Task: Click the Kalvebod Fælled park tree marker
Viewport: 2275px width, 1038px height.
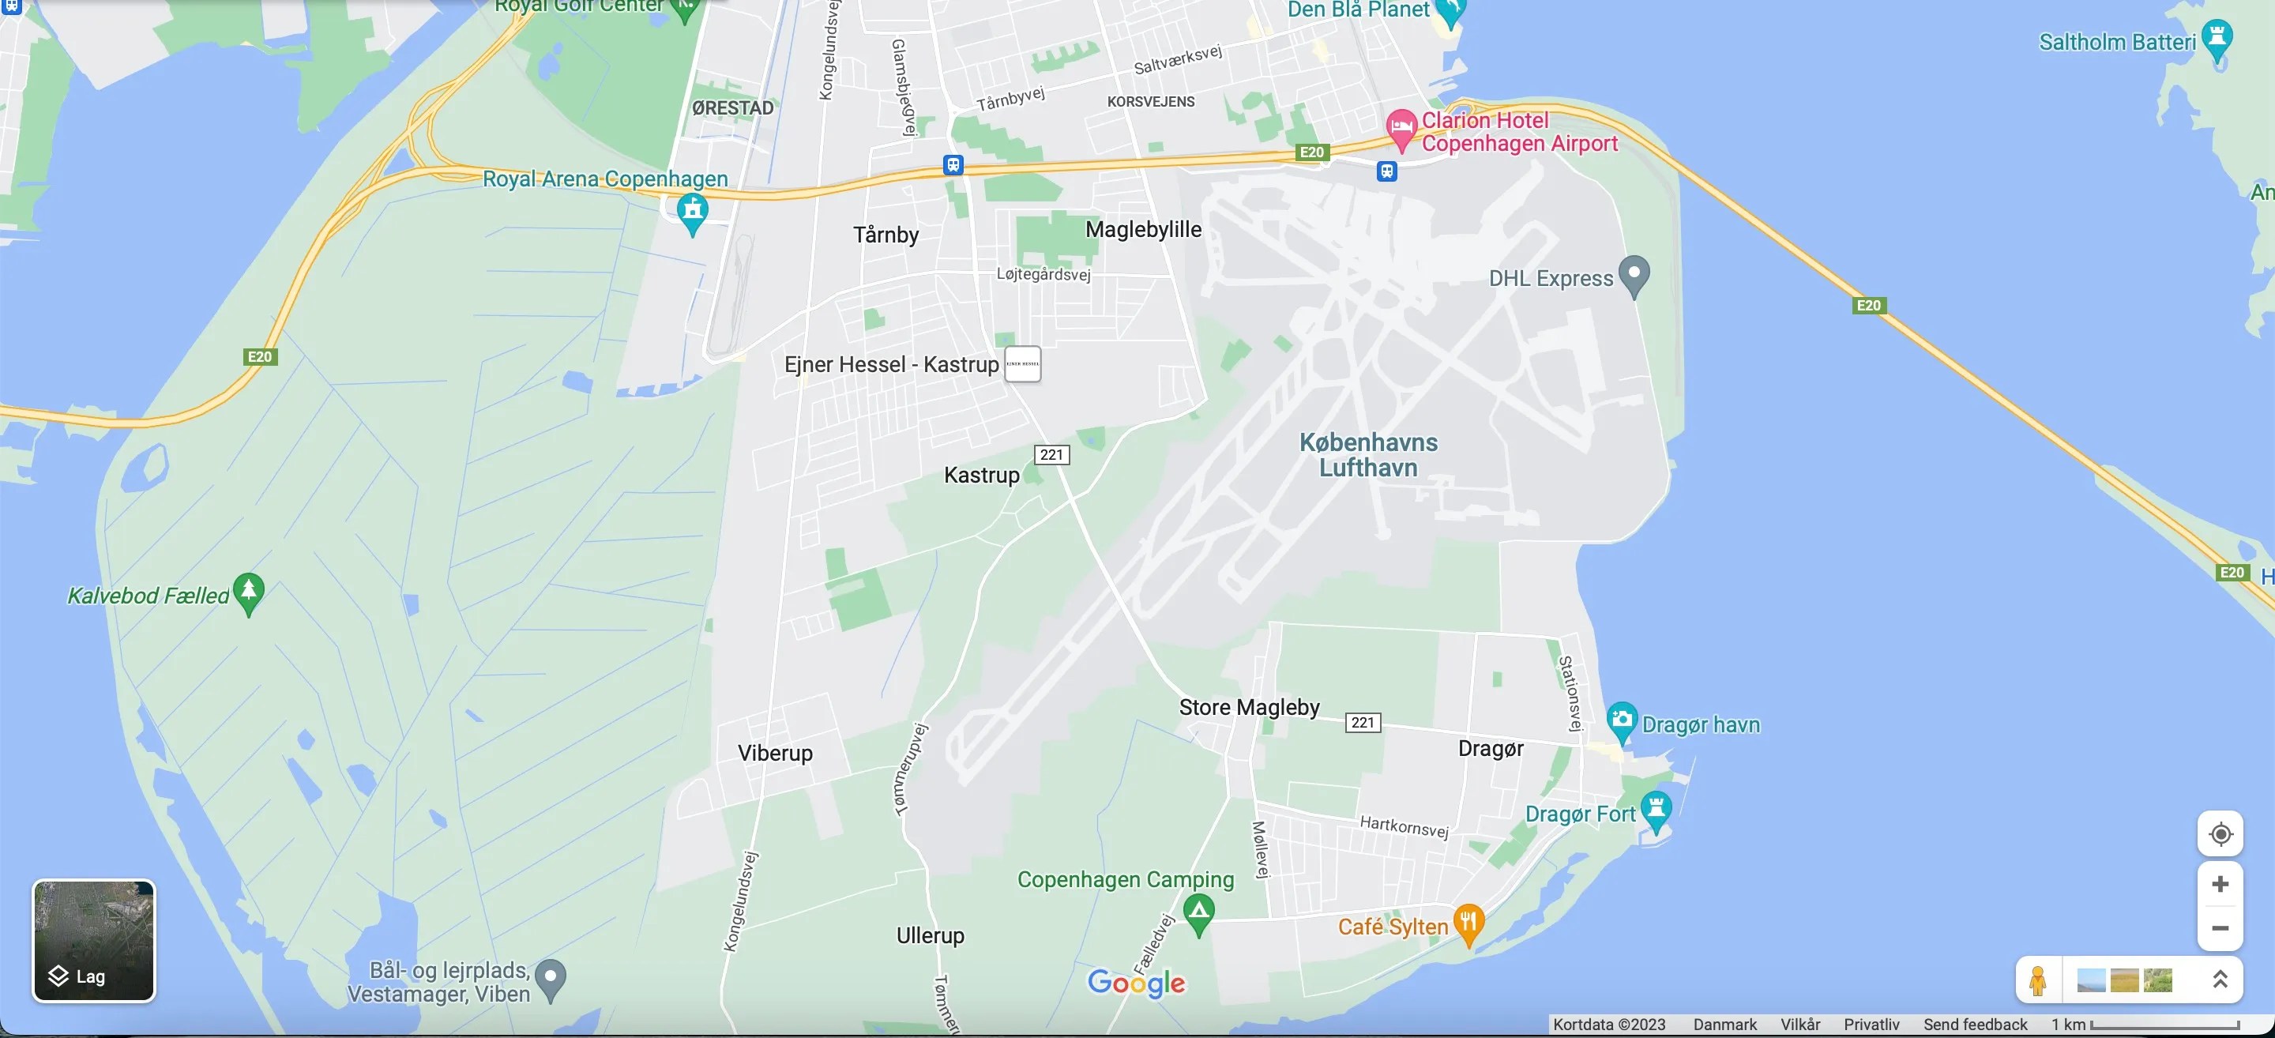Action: point(248,591)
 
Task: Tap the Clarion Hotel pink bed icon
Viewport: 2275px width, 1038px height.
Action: point(1401,128)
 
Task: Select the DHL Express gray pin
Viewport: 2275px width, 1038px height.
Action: point(1634,274)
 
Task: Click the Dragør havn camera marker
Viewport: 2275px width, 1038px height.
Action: point(1622,720)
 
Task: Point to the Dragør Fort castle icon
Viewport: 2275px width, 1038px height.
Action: point(1656,809)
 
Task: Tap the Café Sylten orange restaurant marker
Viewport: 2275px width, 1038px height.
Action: point(1468,923)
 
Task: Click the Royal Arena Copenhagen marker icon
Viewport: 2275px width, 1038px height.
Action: point(693,212)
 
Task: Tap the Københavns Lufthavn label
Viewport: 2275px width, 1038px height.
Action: point(1368,455)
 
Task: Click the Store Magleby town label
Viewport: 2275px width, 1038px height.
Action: point(1249,707)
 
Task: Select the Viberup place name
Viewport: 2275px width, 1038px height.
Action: point(774,753)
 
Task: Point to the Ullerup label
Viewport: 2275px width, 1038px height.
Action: point(930,935)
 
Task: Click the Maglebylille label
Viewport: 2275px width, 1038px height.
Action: point(1143,230)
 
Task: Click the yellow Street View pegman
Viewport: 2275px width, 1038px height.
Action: point(2037,980)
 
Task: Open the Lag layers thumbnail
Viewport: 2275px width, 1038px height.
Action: point(94,940)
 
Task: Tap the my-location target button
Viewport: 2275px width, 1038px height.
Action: point(2220,834)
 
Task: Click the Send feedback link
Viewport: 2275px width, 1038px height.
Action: point(1975,1025)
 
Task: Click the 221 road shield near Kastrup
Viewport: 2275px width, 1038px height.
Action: point(1051,454)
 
